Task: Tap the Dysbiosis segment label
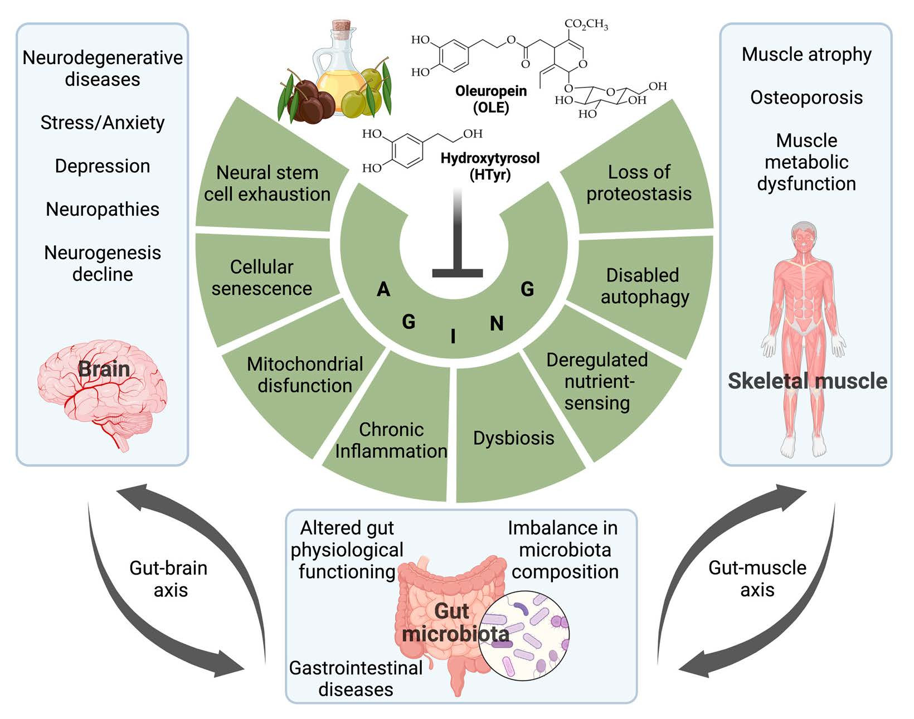pos(513,438)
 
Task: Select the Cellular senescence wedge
pos(261,278)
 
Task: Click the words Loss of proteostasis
pos(639,183)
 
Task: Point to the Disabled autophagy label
pos(644,286)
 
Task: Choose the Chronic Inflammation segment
pos(391,440)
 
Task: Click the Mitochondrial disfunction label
pos(305,375)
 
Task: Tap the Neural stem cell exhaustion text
pos(267,183)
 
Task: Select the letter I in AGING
pos(453,336)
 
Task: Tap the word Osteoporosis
pos(806,98)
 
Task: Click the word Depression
pos(103,166)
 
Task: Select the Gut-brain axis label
pos(169,579)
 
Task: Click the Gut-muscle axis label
pos(757,579)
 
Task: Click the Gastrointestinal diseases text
pos(356,678)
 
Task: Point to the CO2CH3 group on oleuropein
pos(586,25)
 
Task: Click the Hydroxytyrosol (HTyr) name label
pos(490,166)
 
